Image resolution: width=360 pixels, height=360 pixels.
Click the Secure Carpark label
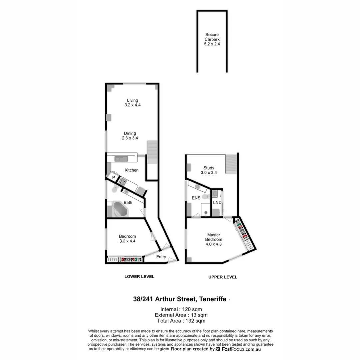(212, 37)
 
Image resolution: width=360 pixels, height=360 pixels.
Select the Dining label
(130, 133)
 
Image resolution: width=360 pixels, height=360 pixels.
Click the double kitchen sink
(119, 159)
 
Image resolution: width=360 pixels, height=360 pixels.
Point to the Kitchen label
(131, 170)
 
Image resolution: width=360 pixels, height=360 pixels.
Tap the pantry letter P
(114, 178)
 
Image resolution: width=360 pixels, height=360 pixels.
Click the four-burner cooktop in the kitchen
(122, 182)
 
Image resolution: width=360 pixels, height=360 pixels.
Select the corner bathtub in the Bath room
(120, 209)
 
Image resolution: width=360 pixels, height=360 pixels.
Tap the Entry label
(161, 257)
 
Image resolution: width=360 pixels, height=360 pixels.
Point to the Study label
(209, 168)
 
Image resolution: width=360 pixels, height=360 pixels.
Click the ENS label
(196, 198)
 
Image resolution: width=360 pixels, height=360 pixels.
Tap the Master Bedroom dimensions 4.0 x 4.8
(214, 244)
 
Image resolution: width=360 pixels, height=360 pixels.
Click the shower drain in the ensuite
(206, 212)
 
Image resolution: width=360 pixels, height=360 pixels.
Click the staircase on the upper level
(232, 164)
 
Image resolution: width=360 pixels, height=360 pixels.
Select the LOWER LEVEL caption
(139, 277)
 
